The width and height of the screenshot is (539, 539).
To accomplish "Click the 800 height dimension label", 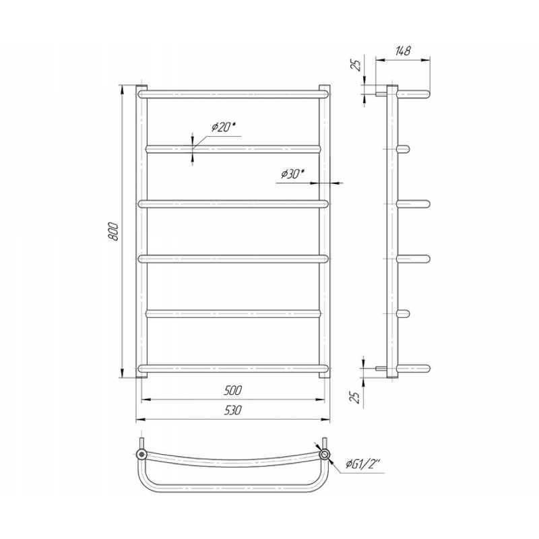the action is (x=114, y=232).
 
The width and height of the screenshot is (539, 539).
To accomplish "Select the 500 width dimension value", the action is (x=233, y=390).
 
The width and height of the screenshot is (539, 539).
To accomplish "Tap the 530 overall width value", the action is (x=233, y=410).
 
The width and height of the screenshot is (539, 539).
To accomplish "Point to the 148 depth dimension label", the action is (x=403, y=51).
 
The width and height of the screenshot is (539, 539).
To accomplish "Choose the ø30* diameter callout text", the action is (x=293, y=174).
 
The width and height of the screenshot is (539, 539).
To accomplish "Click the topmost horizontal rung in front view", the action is (x=233, y=94).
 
